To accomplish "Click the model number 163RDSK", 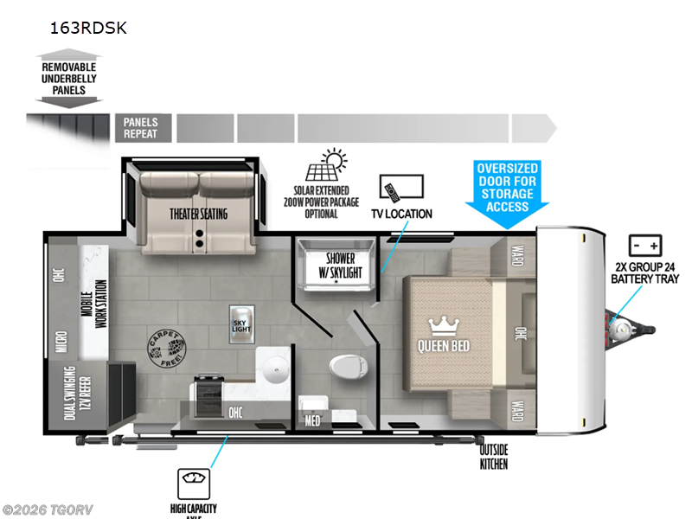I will pyautogui.click(x=88, y=28).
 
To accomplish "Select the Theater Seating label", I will pyautogui.click(x=199, y=213).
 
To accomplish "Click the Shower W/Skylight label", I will pyautogui.click(x=341, y=265).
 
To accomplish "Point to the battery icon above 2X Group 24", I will pyautogui.click(x=644, y=243).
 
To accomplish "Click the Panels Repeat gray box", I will pyautogui.click(x=141, y=128).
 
